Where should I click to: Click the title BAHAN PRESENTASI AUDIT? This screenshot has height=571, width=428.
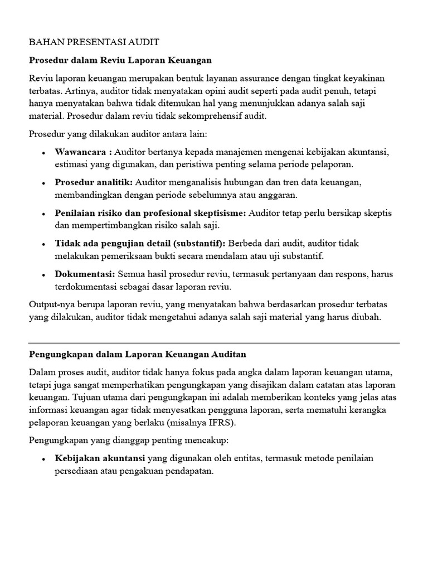point(94,42)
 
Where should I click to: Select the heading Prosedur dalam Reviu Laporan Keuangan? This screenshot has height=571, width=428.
point(120,59)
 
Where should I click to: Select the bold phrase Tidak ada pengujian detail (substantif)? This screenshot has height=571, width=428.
point(140,243)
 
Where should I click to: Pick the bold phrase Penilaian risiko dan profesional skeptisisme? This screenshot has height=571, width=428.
point(150,213)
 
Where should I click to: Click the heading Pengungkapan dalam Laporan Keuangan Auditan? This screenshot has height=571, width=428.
point(137,354)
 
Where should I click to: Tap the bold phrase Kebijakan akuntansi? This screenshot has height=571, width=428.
point(100,458)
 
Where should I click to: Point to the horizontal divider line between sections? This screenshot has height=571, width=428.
point(214,342)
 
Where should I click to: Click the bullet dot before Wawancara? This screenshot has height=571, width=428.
point(43,153)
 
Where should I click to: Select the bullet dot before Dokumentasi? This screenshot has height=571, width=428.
point(43,274)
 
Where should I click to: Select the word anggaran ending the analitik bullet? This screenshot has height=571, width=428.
point(280,195)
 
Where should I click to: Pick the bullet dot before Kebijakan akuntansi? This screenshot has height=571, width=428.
point(43,458)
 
